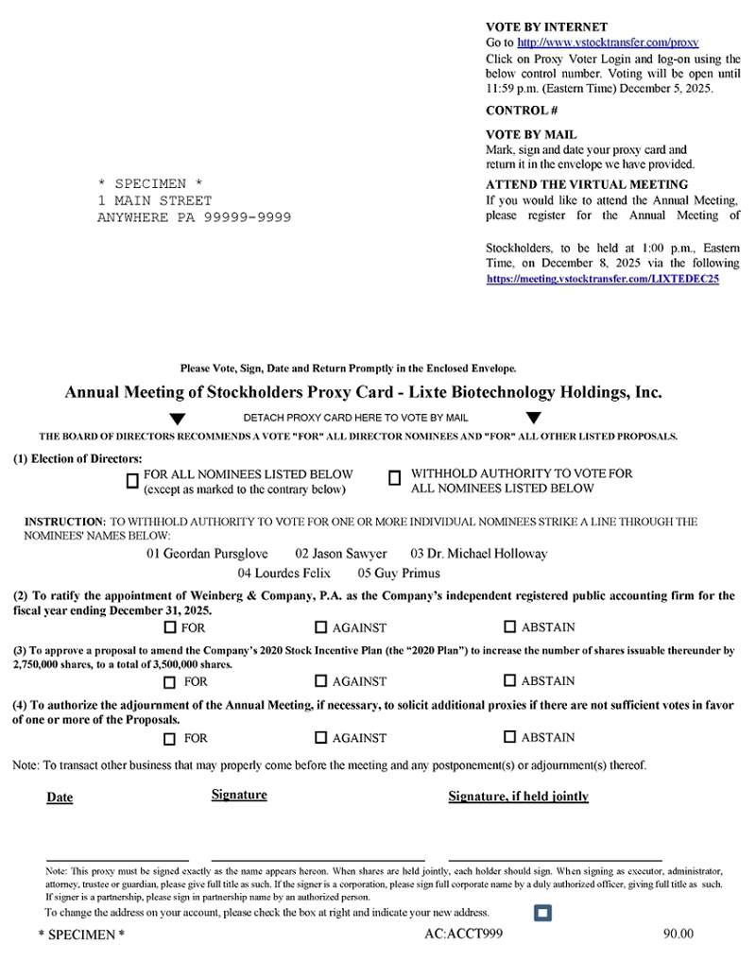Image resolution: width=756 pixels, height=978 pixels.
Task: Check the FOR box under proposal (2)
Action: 170,627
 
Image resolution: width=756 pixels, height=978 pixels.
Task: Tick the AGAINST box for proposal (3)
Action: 320,680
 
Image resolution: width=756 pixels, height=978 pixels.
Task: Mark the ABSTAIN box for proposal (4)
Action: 510,737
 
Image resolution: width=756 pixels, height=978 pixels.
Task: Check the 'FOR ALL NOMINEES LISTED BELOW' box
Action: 132,481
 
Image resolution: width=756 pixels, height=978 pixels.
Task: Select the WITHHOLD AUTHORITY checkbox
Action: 395,479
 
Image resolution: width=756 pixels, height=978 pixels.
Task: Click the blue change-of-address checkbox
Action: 542,913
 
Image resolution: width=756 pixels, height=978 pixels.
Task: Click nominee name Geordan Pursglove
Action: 207,554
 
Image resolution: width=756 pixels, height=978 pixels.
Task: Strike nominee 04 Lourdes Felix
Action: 283,573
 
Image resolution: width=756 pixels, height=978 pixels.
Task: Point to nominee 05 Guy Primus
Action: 399,573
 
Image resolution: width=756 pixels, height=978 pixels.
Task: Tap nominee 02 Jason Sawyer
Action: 341,554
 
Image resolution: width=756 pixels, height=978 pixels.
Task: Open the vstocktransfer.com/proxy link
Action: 608,43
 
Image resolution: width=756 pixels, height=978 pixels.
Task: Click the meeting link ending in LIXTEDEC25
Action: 603,280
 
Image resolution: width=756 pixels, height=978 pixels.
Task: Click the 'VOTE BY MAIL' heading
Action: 531,135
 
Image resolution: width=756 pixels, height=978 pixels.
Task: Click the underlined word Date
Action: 60,798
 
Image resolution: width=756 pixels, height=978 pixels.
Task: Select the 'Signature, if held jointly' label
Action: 518,797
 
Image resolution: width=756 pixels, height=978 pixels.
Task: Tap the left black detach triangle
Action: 177,419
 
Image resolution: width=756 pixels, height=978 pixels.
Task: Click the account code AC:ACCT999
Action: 464,934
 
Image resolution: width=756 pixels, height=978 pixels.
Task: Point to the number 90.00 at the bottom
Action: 679,934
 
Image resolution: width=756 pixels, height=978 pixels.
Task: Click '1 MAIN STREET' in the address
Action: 155,200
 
